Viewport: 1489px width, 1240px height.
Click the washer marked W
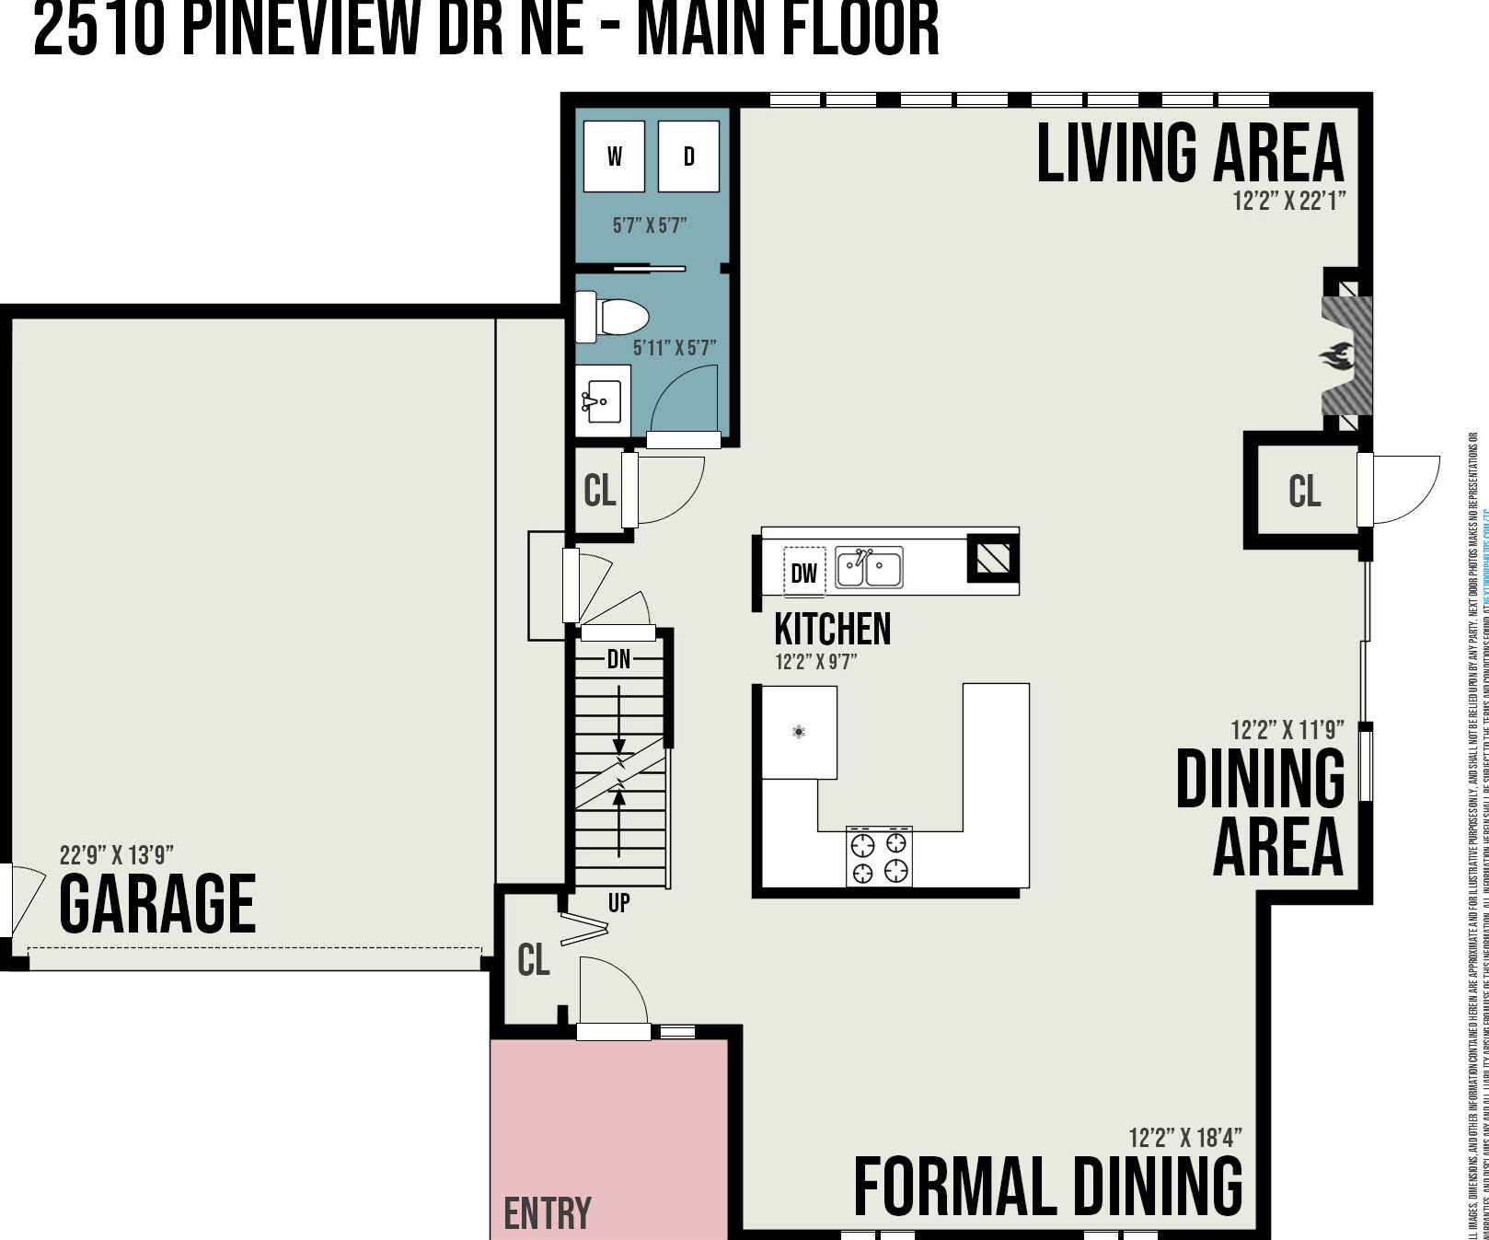tap(614, 156)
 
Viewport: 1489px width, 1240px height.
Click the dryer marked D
tap(688, 156)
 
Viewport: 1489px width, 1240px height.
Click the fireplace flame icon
tap(1338, 355)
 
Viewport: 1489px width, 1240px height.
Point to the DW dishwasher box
tap(803, 573)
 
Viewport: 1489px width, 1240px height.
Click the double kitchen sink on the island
tap(869, 567)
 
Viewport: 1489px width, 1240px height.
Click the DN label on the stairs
tap(618, 659)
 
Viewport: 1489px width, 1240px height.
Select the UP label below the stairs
tap(618, 903)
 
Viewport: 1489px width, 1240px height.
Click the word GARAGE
tap(157, 905)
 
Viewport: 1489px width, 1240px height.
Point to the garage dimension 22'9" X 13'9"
tap(116, 855)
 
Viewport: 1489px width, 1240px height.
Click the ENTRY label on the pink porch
tap(548, 1213)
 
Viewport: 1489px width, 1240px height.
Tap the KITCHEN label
tap(833, 630)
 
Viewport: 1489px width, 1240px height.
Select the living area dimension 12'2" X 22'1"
tap(1288, 201)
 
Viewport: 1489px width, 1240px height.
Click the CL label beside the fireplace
tap(1304, 491)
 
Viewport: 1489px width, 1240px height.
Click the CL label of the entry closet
tap(534, 960)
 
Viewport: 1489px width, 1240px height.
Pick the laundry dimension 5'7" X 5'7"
tap(650, 226)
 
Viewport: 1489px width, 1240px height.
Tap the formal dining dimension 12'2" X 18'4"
tap(1184, 1138)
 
